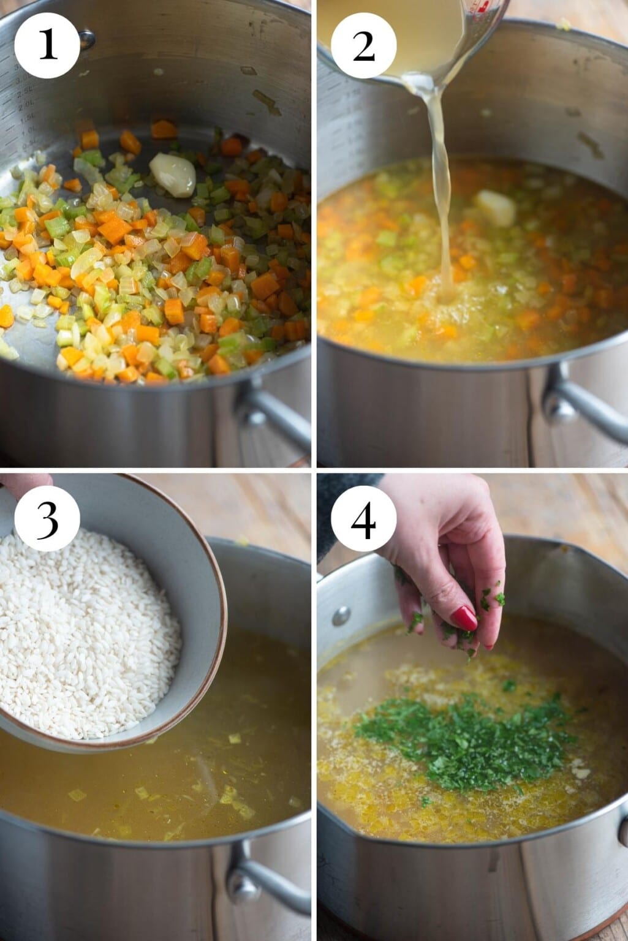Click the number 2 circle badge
click(x=364, y=45)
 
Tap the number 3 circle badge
click(x=47, y=519)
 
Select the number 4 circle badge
click(x=364, y=519)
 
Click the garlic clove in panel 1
click(x=173, y=174)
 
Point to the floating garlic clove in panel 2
click(x=496, y=208)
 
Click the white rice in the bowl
click(x=86, y=631)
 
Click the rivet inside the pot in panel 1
click(x=87, y=39)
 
